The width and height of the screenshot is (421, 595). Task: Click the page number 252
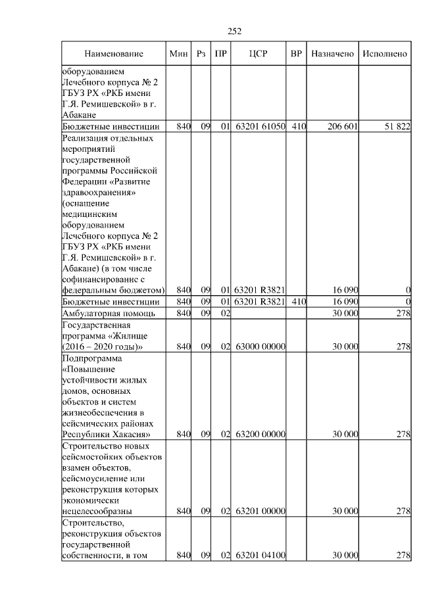235,30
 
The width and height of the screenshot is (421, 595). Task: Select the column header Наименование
113,53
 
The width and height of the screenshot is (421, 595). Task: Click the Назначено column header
332,53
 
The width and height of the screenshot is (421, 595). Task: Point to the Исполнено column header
385,53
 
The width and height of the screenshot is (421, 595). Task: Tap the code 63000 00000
260,346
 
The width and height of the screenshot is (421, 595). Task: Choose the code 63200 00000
260,435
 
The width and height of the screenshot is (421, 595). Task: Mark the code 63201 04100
260,556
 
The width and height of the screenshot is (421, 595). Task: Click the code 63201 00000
260,511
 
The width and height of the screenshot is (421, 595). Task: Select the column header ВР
297,53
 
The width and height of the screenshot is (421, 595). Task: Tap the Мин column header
179,53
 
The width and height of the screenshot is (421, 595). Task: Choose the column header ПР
221,53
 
